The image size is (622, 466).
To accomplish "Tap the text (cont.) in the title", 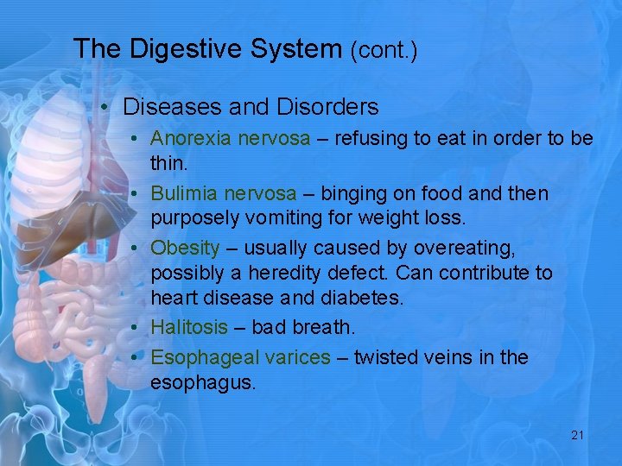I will click(384, 50).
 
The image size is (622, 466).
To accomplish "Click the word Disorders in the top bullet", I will click(327, 107).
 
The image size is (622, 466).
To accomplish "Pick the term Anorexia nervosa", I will click(230, 139).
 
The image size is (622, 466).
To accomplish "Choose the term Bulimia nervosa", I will click(223, 193).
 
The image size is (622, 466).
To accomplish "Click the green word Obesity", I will click(185, 249).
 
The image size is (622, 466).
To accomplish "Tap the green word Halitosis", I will click(189, 328).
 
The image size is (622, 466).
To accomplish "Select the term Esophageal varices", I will click(240, 357).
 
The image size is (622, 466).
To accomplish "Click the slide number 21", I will click(577, 435).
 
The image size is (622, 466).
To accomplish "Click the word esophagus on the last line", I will click(202, 382).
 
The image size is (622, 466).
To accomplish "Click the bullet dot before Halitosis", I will click(138, 329).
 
